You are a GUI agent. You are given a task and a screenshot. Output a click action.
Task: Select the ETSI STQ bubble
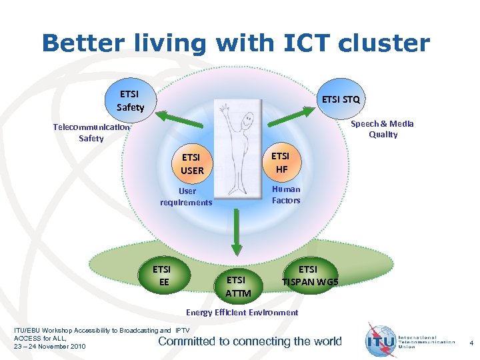(x=341, y=99)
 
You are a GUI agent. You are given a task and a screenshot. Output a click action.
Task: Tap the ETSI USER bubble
(x=191, y=164)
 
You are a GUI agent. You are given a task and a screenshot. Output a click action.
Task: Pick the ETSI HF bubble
(x=281, y=163)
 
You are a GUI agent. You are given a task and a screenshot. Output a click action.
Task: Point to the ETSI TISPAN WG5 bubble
(x=309, y=275)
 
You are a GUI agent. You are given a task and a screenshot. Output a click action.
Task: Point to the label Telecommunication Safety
(x=91, y=133)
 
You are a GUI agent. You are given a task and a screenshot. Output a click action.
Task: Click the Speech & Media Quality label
(x=383, y=129)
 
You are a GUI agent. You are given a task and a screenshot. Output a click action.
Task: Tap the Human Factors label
(x=286, y=195)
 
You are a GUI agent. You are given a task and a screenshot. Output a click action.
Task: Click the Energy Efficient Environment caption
(x=242, y=312)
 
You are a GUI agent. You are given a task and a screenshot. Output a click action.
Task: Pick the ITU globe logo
(x=379, y=340)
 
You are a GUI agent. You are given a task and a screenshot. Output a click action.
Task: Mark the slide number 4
(x=471, y=343)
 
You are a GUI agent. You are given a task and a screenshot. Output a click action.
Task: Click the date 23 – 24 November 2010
(x=50, y=346)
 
